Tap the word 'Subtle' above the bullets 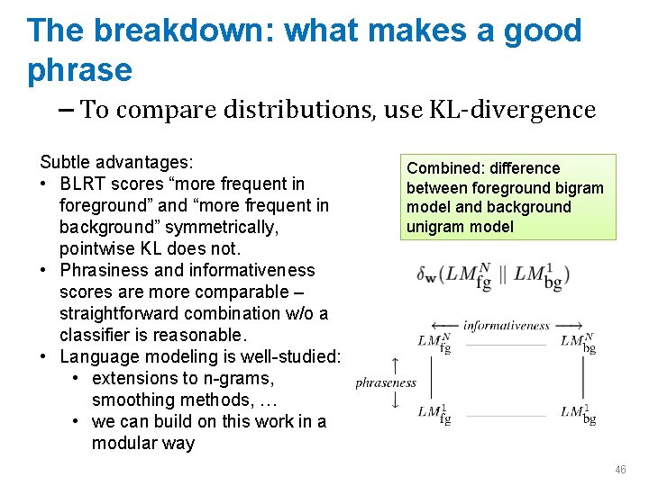click(x=67, y=163)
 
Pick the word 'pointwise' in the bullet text click(x=97, y=248)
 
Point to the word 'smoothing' click(x=133, y=400)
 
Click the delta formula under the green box click(x=492, y=276)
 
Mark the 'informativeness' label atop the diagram click(x=507, y=325)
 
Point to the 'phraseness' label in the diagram click(x=386, y=382)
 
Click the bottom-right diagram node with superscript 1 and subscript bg click(x=577, y=413)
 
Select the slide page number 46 click(x=620, y=470)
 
